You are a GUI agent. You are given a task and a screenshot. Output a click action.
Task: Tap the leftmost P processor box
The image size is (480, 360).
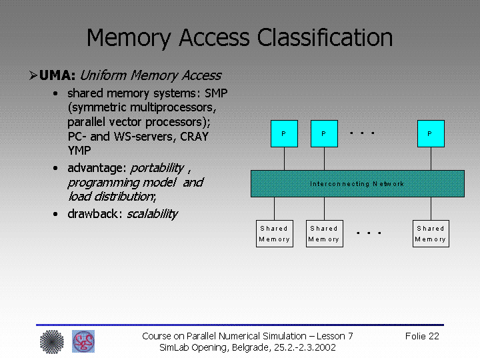284,133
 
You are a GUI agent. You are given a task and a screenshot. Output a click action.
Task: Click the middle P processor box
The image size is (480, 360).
324,133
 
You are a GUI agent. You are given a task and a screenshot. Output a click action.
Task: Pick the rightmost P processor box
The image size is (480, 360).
430,133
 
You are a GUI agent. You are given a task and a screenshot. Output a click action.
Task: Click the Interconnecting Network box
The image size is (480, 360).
357,183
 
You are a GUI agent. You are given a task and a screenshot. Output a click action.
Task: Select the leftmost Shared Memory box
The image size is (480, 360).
274,233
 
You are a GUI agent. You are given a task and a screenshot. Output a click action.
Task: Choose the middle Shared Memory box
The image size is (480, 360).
324,233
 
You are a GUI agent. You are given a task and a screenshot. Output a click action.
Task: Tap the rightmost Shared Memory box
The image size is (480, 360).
430,233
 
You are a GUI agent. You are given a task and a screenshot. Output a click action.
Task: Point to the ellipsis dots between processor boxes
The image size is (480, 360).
362,133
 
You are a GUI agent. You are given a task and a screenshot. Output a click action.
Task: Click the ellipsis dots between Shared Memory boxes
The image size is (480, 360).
369,233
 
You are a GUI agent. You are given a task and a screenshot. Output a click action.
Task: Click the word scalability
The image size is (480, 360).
152,214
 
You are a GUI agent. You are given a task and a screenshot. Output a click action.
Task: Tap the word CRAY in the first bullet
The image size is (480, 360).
194,137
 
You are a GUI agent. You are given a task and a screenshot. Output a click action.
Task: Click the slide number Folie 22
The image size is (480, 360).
422,336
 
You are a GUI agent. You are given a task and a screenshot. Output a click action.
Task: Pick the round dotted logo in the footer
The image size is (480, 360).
51,341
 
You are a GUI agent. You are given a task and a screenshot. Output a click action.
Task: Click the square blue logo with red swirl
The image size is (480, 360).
83,341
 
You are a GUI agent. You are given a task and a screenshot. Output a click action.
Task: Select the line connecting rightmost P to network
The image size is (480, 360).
430,159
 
